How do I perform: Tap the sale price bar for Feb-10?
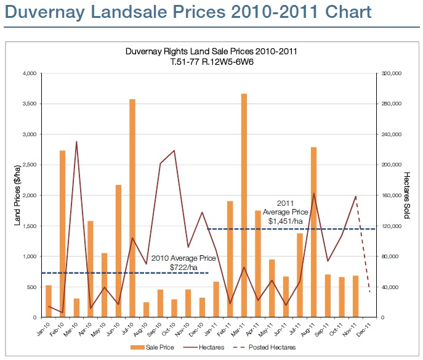pyautogui.click(x=62, y=234)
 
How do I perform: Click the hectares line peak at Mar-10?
pyautogui.click(x=76, y=142)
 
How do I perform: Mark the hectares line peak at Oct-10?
pyautogui.click(x=174, y=150)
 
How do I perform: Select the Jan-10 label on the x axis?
pyautogui.click(x=45, y=329)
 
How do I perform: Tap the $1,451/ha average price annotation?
pyautogui.click(x=285, y=220)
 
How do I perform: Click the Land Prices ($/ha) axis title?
pyautogui.click(x=18, y=195)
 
